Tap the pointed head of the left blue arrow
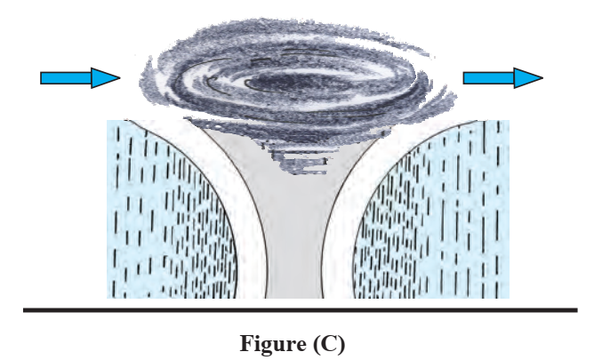(116, 78)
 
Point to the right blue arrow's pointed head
(537, 78)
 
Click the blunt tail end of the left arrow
(43, 78)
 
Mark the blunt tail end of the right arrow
(465, 78)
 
